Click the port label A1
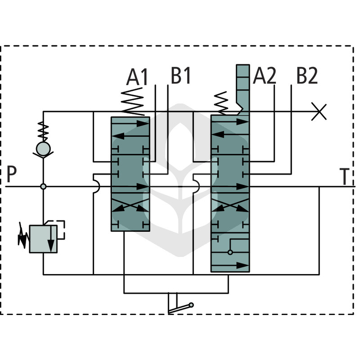[x=137, y=77]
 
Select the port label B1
[x=181, y=75]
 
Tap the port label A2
[x=264, y=75]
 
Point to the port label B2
[x=307, y=75]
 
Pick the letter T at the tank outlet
[x=344, y=176]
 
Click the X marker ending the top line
[x=319, y=112]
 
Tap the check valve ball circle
[x=43, y=148]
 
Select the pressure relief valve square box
[x=43, y=239]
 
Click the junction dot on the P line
[x=43, y=186]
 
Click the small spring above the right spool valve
[x=221, y=103]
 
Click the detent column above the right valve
[x=243, y=90]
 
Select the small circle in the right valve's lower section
[x=230, y=252]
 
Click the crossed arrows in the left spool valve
[x=130, y=205]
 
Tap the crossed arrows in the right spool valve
[x=230, y=205]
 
